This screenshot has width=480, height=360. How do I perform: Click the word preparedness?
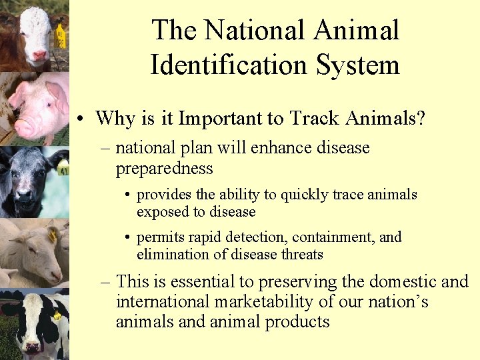(x=165, y=169)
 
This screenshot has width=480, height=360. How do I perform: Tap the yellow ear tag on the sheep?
(x=53, y=235)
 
